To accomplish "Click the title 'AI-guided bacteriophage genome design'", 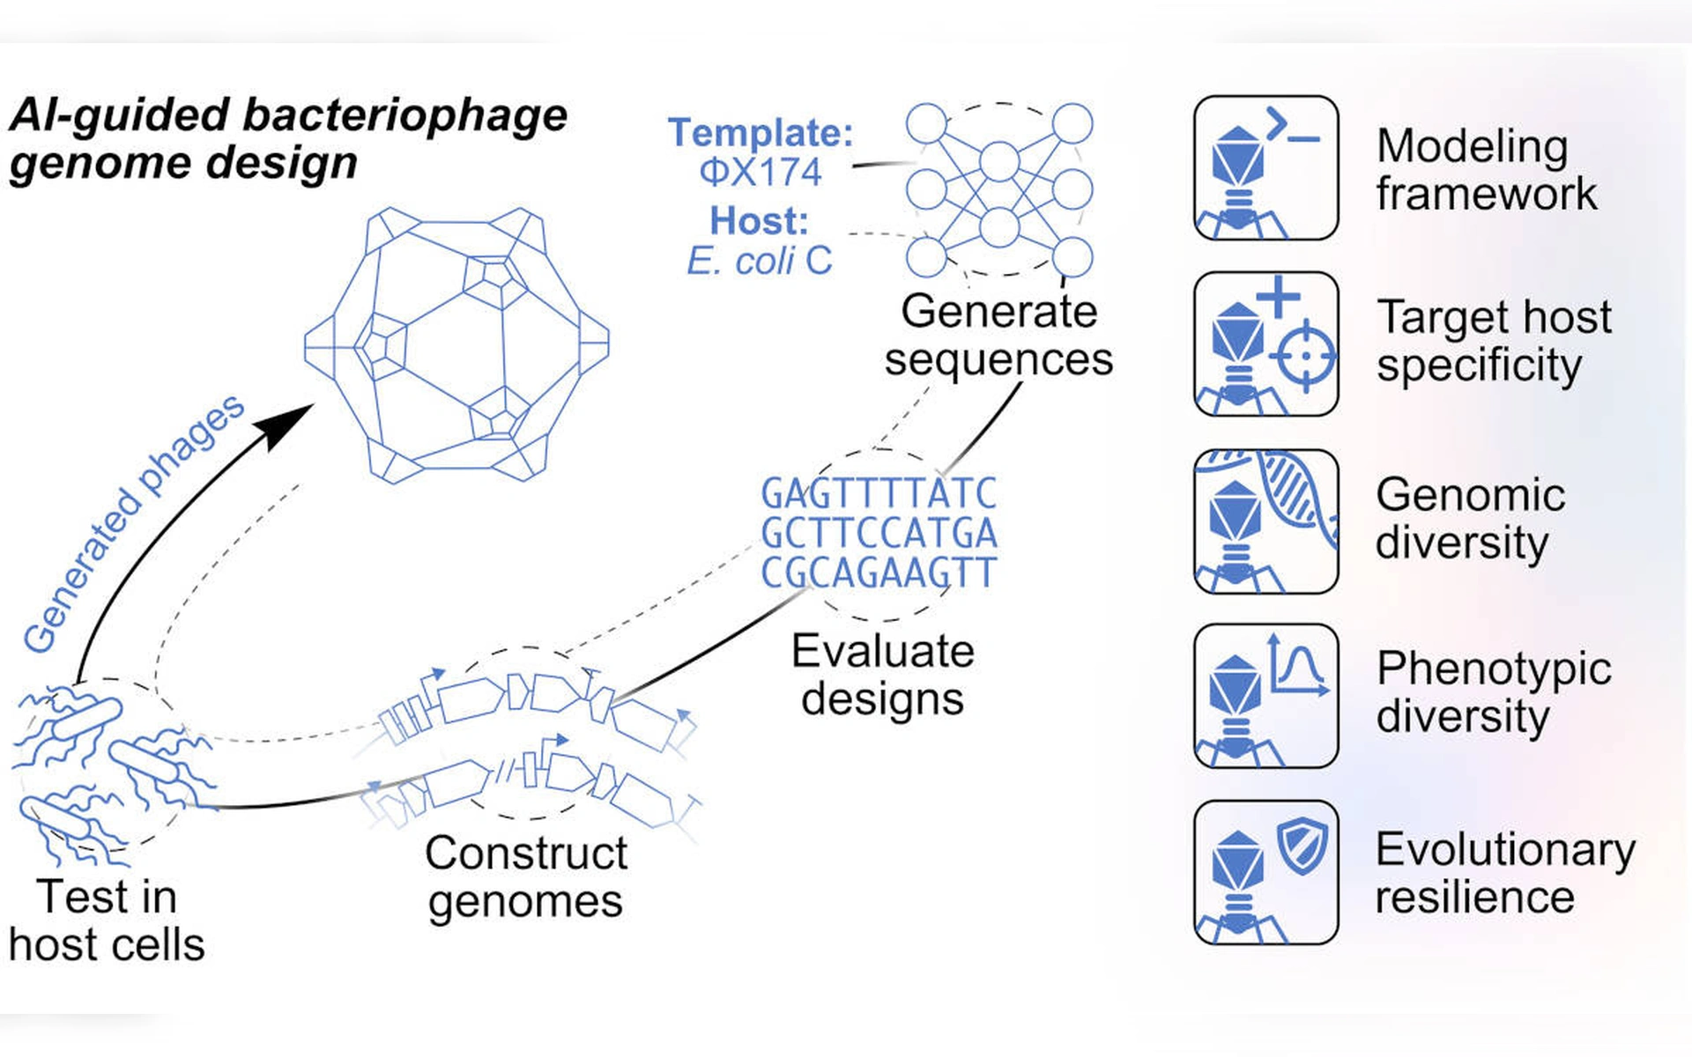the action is (x=288, y=138).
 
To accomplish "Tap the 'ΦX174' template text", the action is (x=761, y=172).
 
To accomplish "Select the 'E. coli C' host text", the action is (x=760, y=261).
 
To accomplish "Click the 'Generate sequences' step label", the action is (x=998, y=336).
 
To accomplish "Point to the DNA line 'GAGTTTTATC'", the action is (x=879, y=493).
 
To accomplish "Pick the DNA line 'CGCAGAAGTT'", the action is (x=879, y=573).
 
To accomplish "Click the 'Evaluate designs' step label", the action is (x=882, y=675).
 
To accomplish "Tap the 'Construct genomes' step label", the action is (x=526, y=877).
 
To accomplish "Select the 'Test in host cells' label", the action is (x=107, y=920).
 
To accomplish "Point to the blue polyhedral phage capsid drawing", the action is (x=456, y=344).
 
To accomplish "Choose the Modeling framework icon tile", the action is (x=1265, y=167).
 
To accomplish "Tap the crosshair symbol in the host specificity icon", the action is (x=1307, y=357).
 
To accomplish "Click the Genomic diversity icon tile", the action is (x=1265, y=521).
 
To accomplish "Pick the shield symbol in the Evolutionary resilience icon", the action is (x=1303, y=845).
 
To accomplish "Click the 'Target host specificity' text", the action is (x=1494, y=341).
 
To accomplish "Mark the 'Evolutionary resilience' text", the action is (x=1505, y=873).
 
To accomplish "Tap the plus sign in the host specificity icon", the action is (x=1278, y=296).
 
